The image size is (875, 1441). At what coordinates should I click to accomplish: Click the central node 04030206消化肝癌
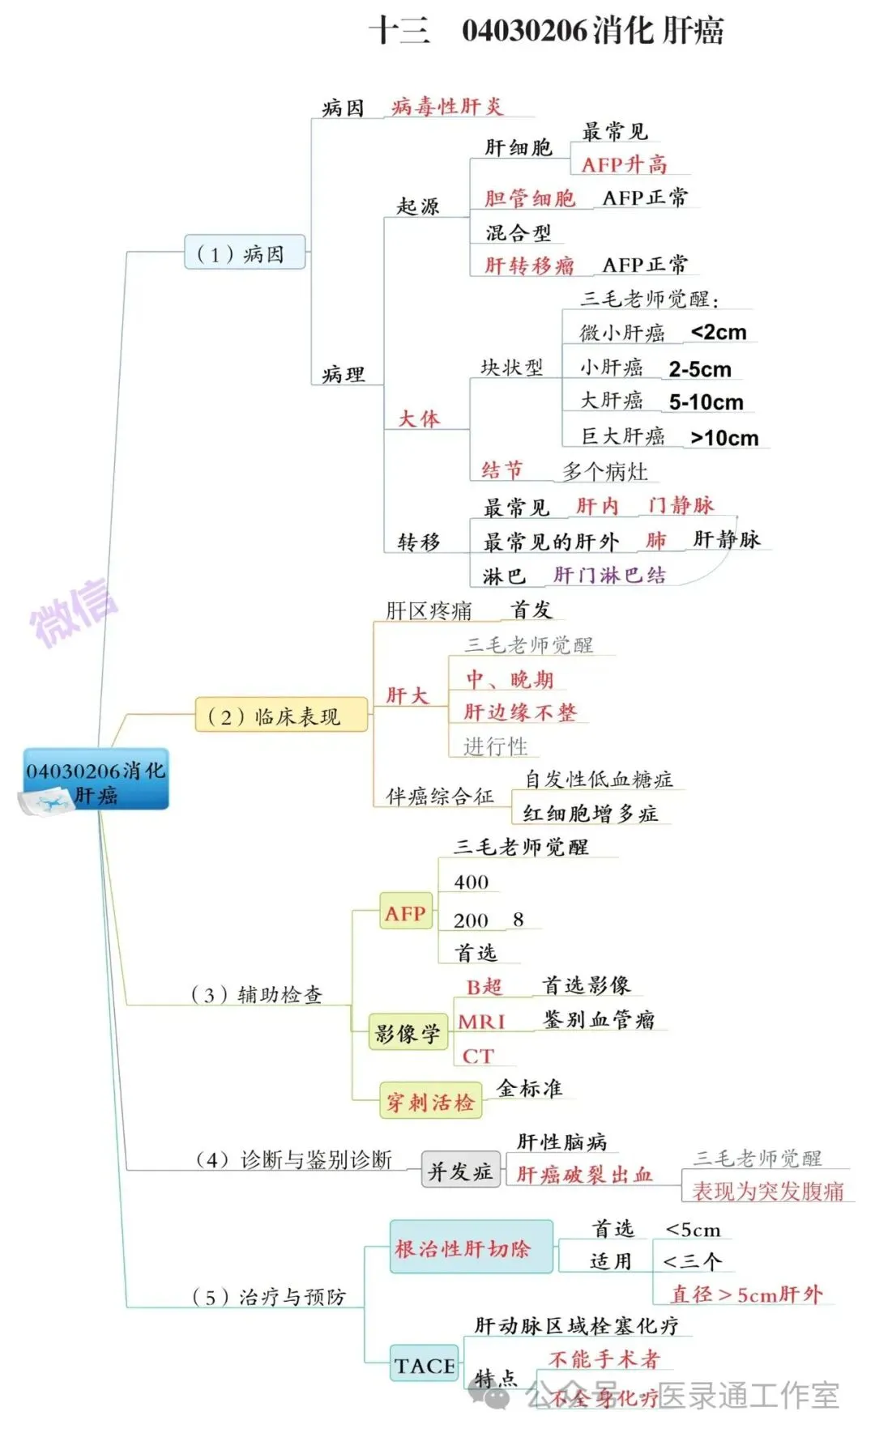(x=96, y=780)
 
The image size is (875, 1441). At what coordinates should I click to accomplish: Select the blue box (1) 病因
(x=245, y=253)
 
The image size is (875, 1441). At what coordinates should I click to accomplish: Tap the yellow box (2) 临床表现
(x=280, y=716)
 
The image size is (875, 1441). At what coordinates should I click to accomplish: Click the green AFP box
(x=405, y=913)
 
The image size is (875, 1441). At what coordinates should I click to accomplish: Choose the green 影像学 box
(x=408, y=1033)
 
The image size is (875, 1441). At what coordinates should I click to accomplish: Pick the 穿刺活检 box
(x=430, y=1102)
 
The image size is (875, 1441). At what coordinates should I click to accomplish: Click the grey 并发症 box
(x=459, y=1171)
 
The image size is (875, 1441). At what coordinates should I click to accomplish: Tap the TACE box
(x=424, y=1366)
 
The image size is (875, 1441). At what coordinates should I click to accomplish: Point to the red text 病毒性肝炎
(x=446, y=107)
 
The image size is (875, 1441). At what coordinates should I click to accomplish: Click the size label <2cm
(x=719, y=333)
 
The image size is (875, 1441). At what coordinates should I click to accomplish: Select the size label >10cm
(x=724, y=438)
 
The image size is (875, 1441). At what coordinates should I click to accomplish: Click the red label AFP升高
(x=624, y=164)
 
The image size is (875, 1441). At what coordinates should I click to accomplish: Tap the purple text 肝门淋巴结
(x=609, y=575)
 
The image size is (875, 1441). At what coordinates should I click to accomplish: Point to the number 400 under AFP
(x=471, y=882)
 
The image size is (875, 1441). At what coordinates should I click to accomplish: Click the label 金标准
(x=529, y=1088)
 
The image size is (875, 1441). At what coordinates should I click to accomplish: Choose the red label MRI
(x=481, y=1022)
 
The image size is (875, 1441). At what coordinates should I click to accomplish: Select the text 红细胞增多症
(x=590, y=814)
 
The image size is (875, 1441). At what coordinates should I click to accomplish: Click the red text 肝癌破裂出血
(x=584, y=1174)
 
